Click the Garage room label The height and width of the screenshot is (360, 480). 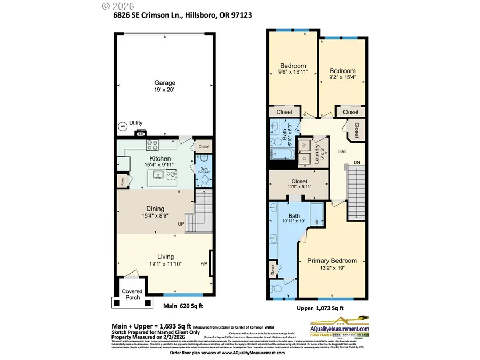point(165,83)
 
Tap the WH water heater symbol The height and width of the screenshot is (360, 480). point(122,126)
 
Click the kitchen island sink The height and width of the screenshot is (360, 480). point(158,174)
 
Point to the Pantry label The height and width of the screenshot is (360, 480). point(122,181)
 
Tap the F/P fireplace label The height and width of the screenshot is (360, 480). point(204,263)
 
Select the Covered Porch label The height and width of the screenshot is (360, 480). point(132,294)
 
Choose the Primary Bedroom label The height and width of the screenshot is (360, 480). point(332,261)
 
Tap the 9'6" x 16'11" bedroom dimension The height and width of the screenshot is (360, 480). point(293,73)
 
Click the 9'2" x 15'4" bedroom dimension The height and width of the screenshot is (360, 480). point(342,77)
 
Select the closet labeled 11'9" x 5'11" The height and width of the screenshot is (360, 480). point(299,185)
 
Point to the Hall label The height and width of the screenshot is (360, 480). point(342,152)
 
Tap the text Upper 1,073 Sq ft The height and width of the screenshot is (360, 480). point(320,308)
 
